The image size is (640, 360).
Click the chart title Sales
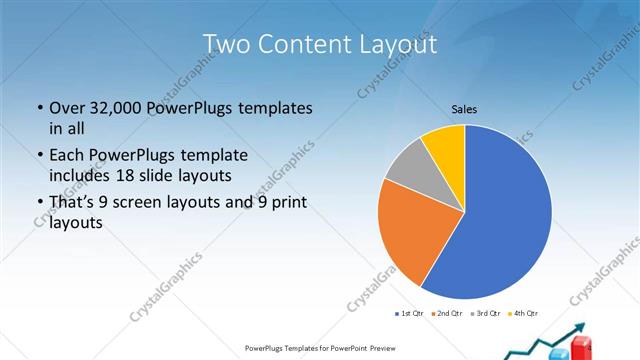tap(464, 108)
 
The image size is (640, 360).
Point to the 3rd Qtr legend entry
tap(486, 314)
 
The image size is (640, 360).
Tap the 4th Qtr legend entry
tap(524, 314)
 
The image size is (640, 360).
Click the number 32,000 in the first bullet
tap(112, 107)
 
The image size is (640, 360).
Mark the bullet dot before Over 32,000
tap(39, 107)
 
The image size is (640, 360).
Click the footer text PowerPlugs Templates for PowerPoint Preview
tap(320, 348)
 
